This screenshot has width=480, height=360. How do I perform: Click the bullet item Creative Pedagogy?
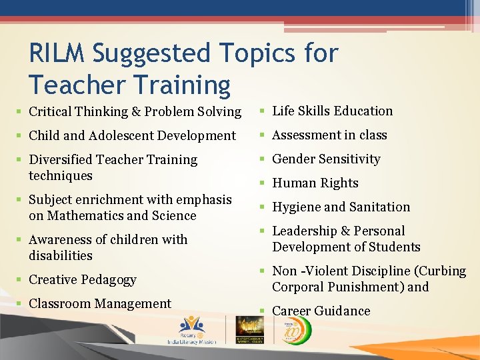tap(83, 279)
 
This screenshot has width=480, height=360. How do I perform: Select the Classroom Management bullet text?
tap(100, 303)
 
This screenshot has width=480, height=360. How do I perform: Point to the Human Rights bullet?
tap(315, 183)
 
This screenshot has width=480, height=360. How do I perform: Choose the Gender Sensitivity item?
tap(326, 159)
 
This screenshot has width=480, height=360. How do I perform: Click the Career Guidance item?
tap(321, 311)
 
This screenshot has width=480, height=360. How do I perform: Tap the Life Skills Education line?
tap(333, 111)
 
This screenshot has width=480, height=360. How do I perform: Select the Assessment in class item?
tap(329, 135)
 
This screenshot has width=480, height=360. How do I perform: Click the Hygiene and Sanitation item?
tap(341, 207)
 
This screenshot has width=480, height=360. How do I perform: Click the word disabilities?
tap(61, 255)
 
